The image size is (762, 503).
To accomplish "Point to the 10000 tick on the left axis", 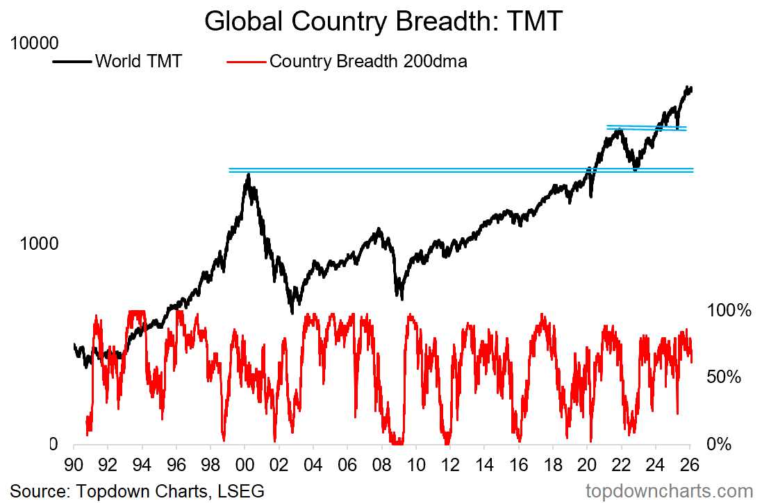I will (33, 44).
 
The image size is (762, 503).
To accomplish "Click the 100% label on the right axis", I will (729, 311).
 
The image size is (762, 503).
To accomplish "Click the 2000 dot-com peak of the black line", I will (248, 176).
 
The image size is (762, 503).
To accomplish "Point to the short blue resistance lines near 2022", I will (646, 128).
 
